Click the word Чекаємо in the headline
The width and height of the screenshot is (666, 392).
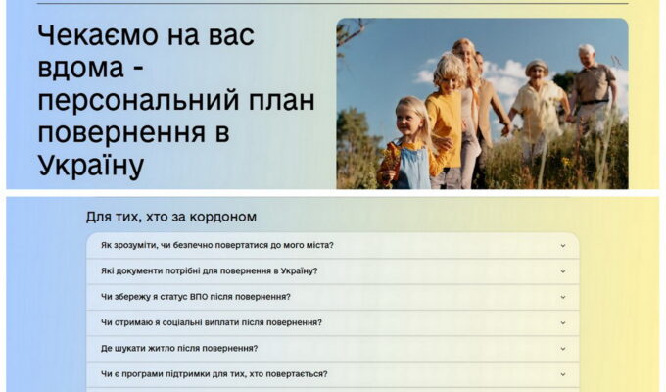[x=99, y=35]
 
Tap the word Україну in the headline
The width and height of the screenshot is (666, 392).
[x=91, y=166]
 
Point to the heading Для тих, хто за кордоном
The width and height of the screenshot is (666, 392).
[x=171, y=217]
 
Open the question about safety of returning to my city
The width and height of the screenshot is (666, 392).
[x=217, y=245]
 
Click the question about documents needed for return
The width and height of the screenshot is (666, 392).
[x=209, y=270]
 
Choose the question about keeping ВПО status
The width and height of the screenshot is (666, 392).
[x=195, y=297]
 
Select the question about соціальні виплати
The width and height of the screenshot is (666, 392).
[x=212, y=322]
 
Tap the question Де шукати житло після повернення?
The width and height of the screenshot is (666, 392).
[x=179, y=348]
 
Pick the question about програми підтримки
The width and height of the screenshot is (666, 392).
[x=214, y=374]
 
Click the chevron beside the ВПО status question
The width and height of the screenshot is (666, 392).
[x=563, y=297]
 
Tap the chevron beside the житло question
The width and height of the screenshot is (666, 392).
[x=563, y=349]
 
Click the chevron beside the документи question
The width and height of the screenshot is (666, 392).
[x=563, y=271]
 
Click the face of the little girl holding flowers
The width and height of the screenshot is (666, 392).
[x=406, y=121]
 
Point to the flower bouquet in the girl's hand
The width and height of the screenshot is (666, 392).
[x=390, y=162]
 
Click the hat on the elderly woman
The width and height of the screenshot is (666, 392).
[x=537, y=65]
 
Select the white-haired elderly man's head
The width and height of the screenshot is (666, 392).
[x=587, y=55]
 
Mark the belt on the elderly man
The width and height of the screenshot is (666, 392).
[x=594, y=102]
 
